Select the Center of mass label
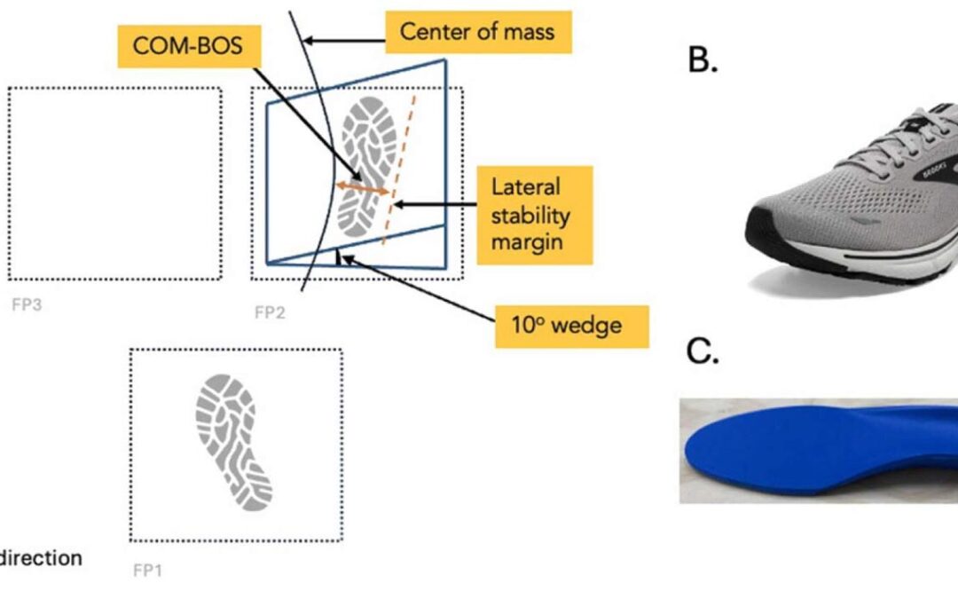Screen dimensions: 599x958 pyautogui.click(x=477, y=32)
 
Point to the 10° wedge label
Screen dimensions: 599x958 pyautogui.click(x=572, y=326)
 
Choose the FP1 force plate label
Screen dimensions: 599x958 pyautogui.click(x=147, y=571)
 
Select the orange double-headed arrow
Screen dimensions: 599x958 pyautogui.click(x=363, y=189)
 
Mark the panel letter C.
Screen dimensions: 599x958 pyautogui.click(x=702, y=352)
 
